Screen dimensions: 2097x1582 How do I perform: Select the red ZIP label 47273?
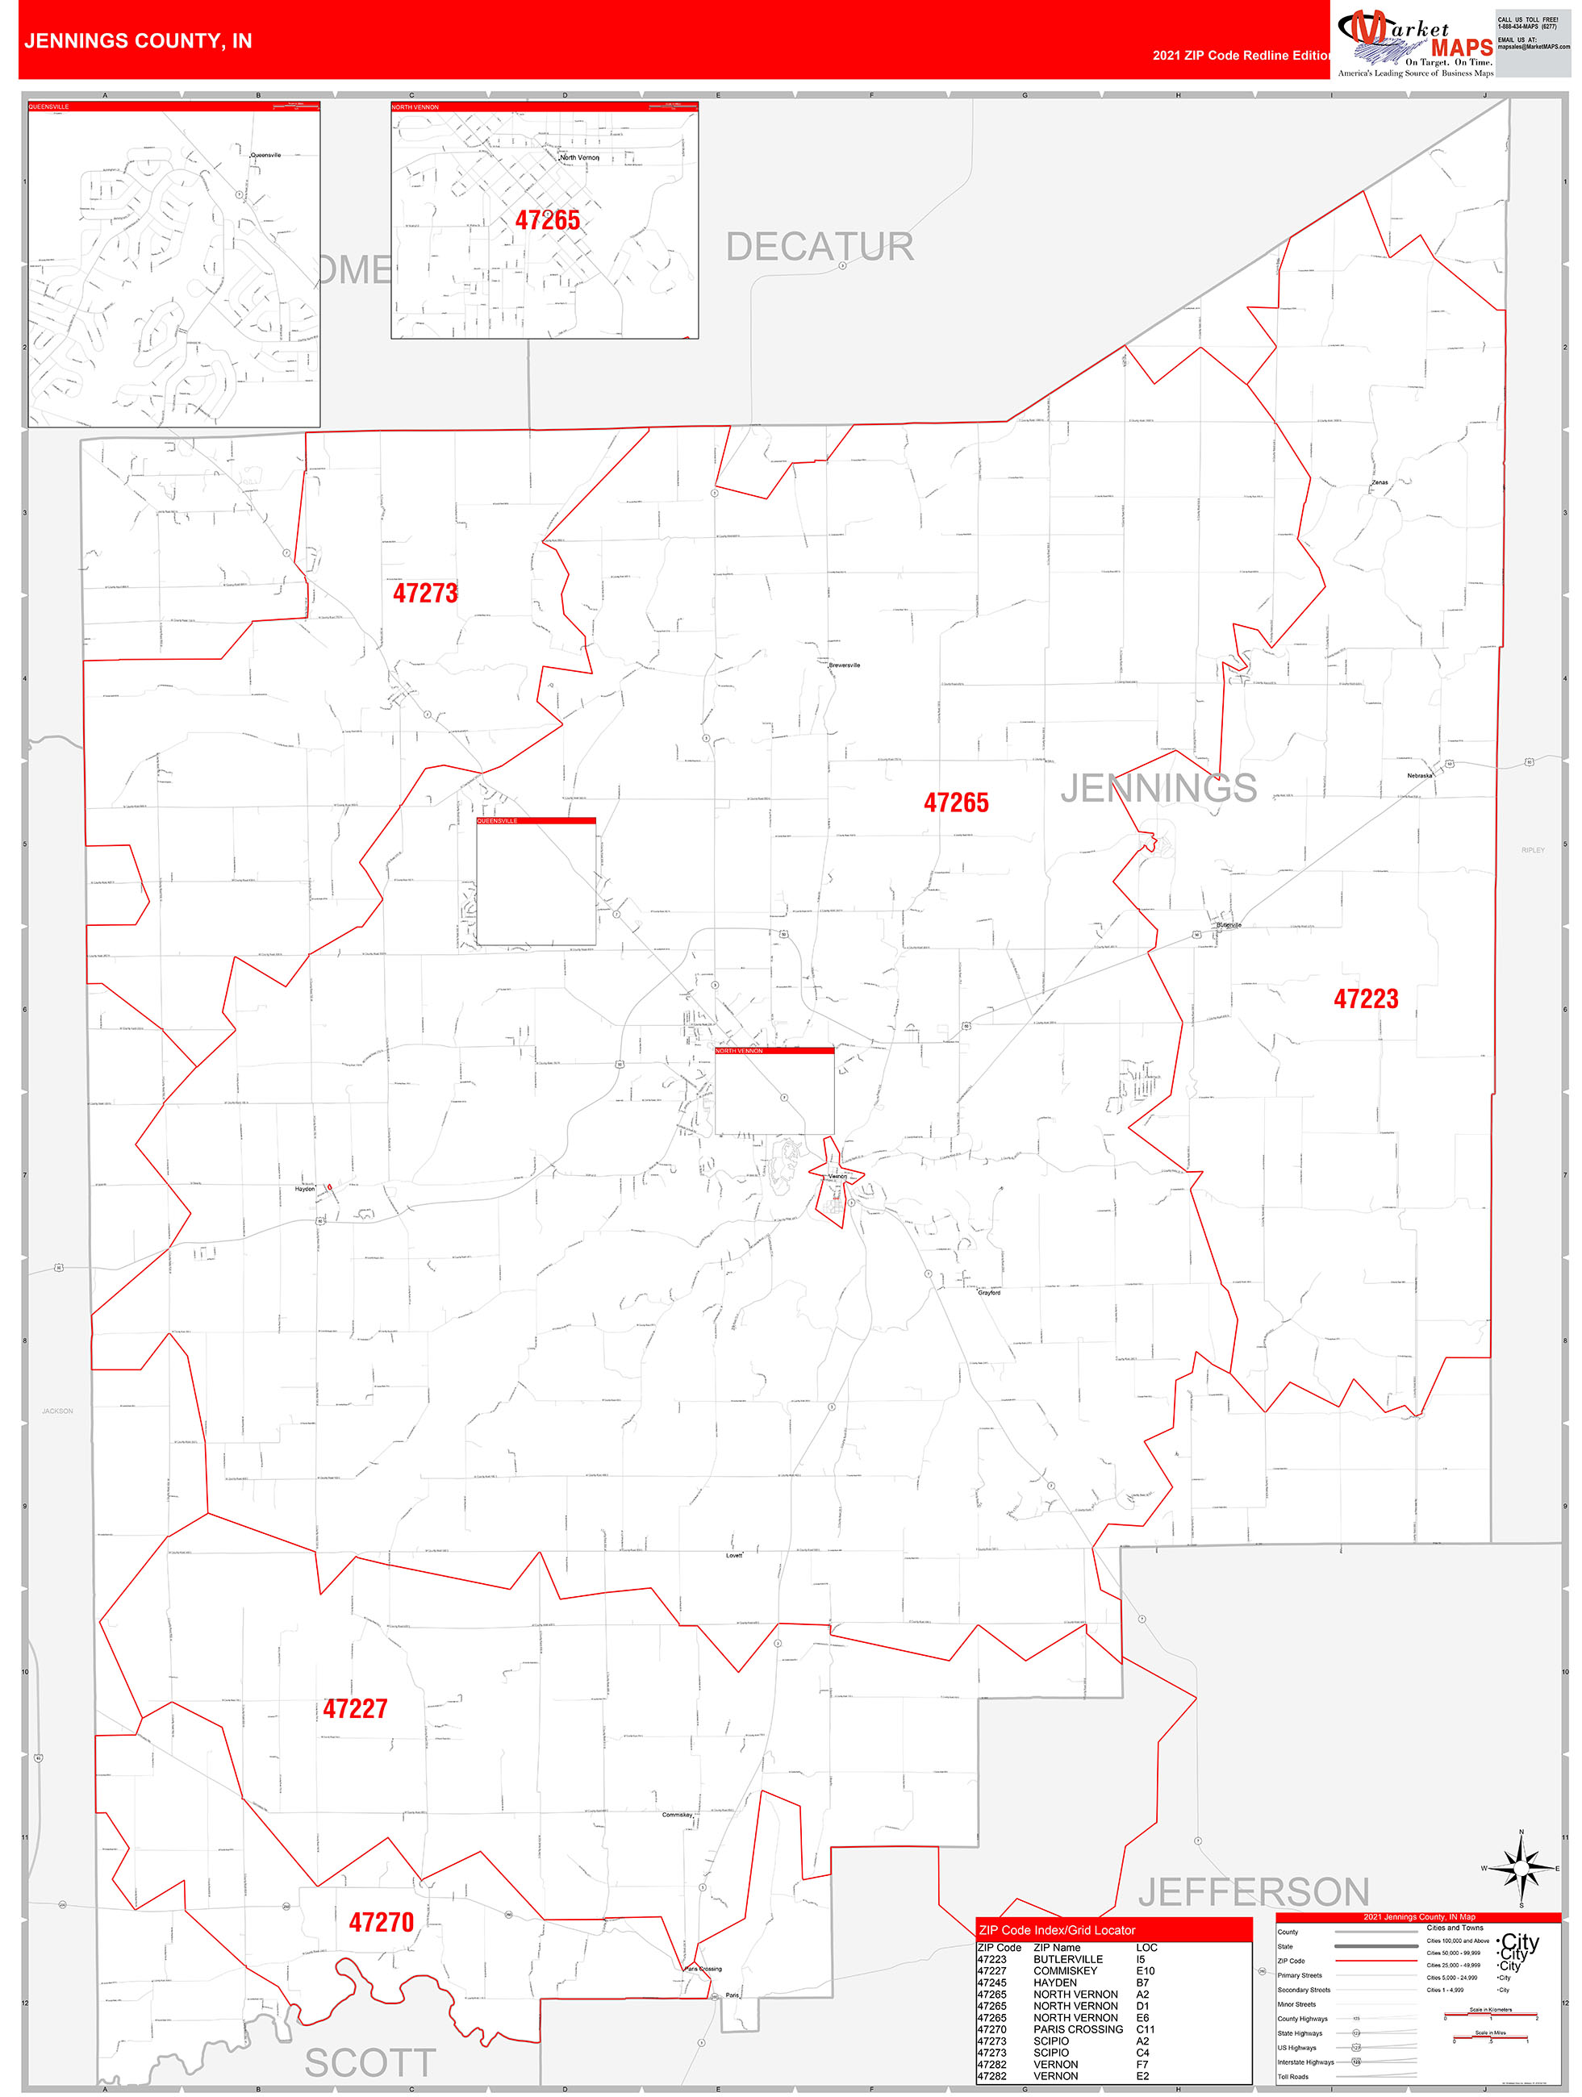[x=425, y=594]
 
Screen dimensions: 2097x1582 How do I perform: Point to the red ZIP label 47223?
[x=1366, y=999]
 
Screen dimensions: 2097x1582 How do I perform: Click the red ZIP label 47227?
[x=355, y=1709]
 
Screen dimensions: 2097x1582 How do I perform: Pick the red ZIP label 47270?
[x=382, y=1923]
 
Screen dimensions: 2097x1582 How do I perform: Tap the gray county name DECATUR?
[x=820, y=248]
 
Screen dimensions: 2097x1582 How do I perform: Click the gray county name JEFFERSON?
[x=1253, y=1892]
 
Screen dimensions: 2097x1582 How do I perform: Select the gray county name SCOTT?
[x=370, y=2064]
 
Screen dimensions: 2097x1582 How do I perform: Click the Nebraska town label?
[x=1419, y=775]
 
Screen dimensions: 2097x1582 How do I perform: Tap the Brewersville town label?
[x=844, y=665]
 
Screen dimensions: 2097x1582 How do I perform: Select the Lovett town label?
[x=734, y=1556]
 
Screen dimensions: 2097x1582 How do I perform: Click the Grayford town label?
[x=988, y=1293]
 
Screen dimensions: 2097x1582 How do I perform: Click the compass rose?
[x=1521, y=1868]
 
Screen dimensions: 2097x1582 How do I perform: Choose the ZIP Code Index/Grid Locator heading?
[x=1057, y=1930]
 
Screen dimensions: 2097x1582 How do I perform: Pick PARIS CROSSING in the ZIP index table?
[x=1078, y=2030]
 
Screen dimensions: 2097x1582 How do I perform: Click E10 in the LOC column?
[x=1146, y=1971]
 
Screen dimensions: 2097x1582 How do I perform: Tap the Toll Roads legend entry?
[x=1292, y=2077]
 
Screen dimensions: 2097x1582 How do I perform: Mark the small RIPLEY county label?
[x=1533, y=850]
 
